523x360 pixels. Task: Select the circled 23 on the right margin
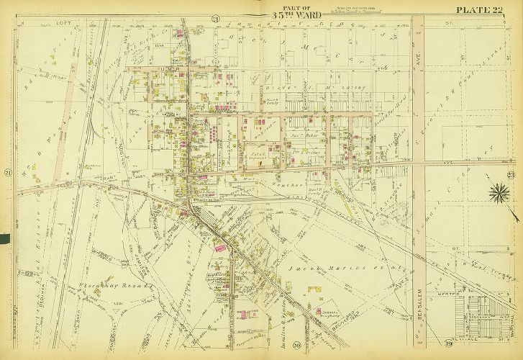510,176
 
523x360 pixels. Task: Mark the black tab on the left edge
4,238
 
